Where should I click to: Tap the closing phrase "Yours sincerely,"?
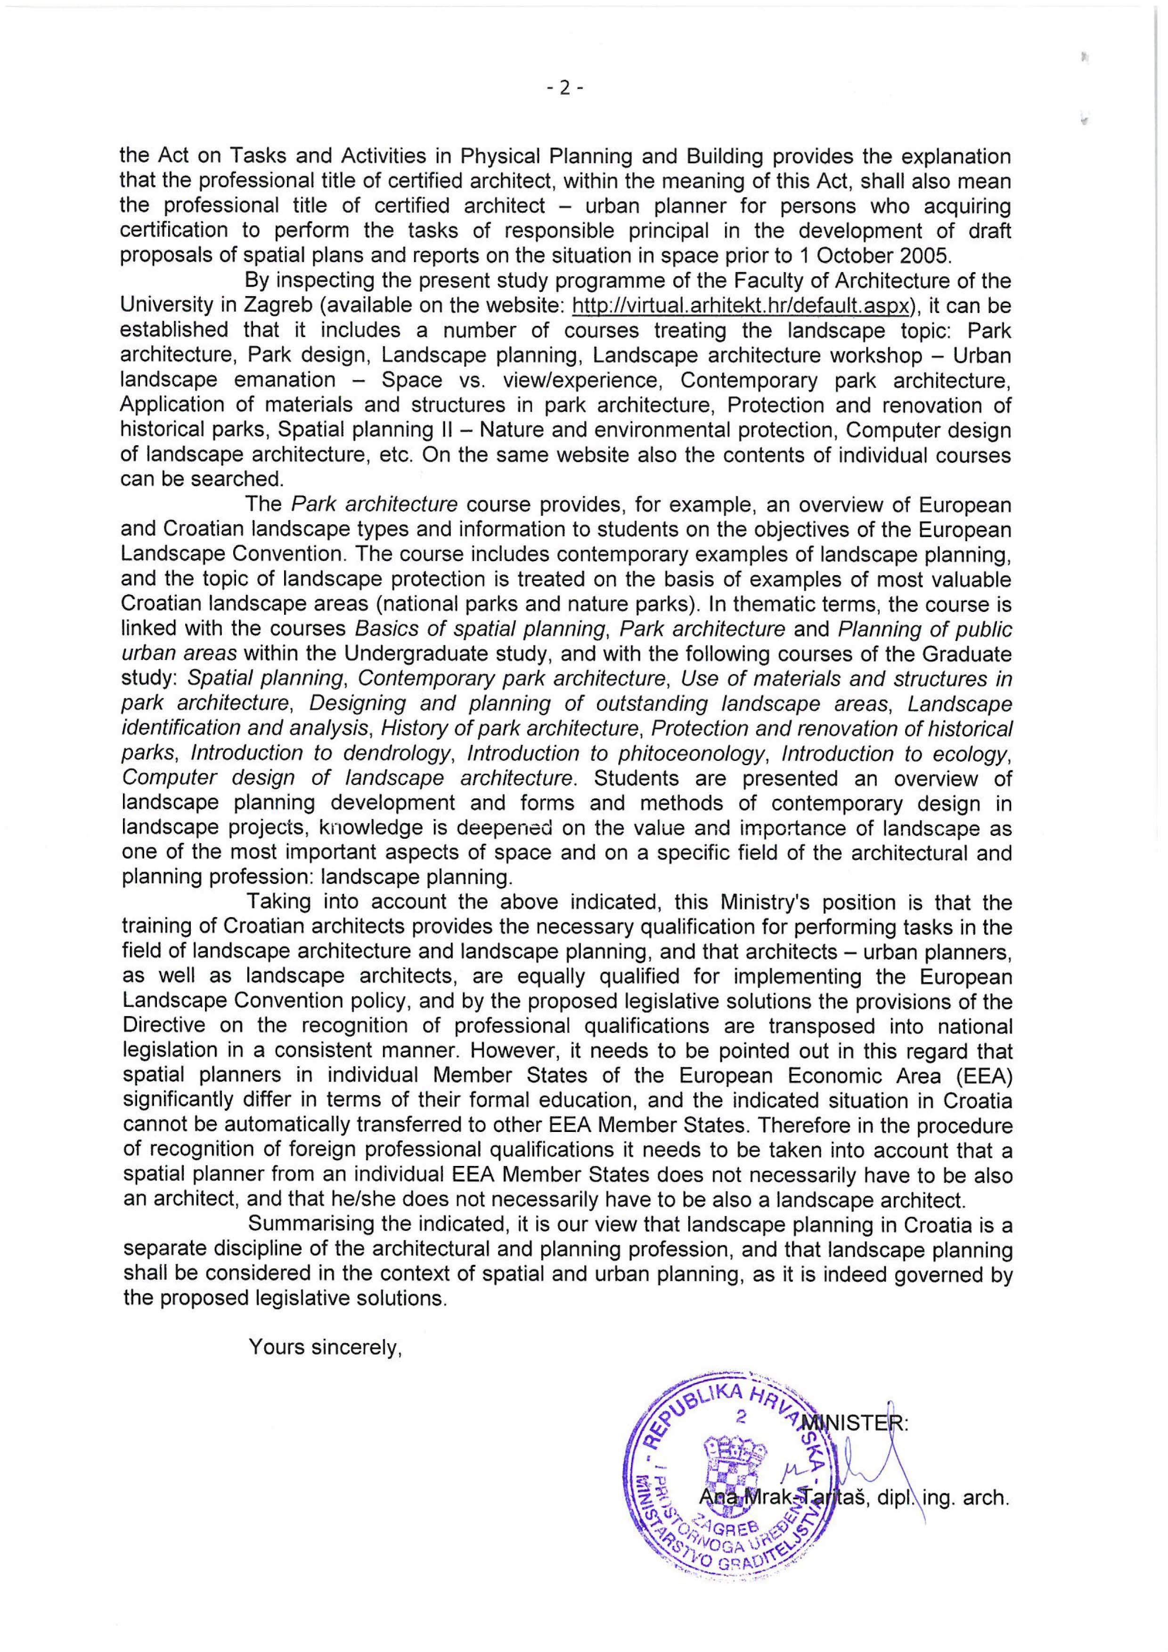[x=324, y=1347]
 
